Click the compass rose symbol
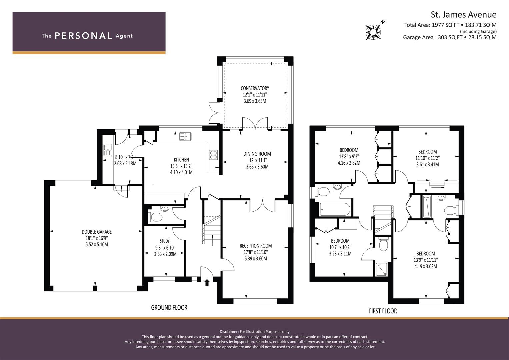click(x=373, y=32)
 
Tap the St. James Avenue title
click(x=464, y=15)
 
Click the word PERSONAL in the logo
click(x=83, y=36)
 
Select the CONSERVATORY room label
click(x=255, y=88)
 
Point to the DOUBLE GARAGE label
click(x=97, y=232)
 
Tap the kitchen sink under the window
click(x=185, y=136)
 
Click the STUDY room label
click(x=165, y=241)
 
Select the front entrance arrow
click(x=207, y=283)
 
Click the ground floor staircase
click(x=212, y=230)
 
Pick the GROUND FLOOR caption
click(x=169, y=307)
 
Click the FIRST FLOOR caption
click(x=383, y=311)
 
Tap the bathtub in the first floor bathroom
click(x=335, y=209)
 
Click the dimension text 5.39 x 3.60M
click(x=256, y=258)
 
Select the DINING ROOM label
click(x=257, y=154)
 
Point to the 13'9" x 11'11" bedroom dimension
click(x=426, y=260)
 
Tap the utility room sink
click(x=108, y=150)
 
